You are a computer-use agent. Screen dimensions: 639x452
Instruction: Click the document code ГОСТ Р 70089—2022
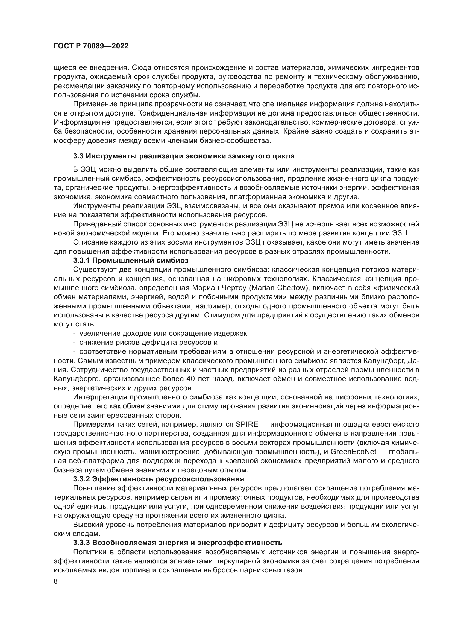click(91, 46)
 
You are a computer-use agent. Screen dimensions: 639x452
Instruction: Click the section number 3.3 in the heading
click(78, 156)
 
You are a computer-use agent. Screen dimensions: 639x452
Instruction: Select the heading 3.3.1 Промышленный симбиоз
click(131, 261)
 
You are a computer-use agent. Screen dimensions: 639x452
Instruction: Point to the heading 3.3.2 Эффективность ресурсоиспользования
click(159, 479)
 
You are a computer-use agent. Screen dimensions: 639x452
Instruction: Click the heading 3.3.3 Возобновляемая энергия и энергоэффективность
click(178, 543)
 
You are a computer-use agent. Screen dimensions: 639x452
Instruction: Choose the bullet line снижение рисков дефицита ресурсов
click(148, 343)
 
